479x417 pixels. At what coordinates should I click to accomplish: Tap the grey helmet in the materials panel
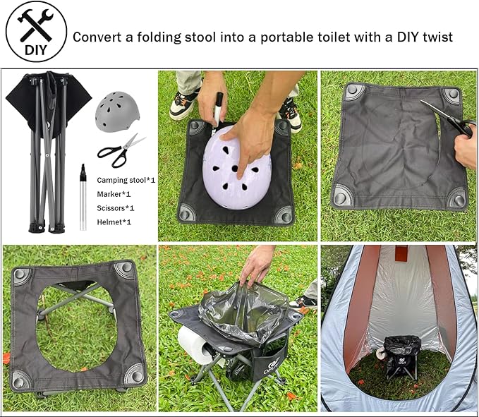pos(117,111)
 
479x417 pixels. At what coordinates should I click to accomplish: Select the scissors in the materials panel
pos(118,149)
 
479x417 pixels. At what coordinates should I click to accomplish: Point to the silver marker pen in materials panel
pos(83,197)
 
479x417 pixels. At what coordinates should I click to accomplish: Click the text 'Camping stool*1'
pos(126,180)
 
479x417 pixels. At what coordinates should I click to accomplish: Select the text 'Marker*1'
pos(114,194)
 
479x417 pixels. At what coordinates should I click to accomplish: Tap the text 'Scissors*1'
pos(116,208)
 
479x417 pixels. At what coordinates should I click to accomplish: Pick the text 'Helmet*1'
pos(114,222)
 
